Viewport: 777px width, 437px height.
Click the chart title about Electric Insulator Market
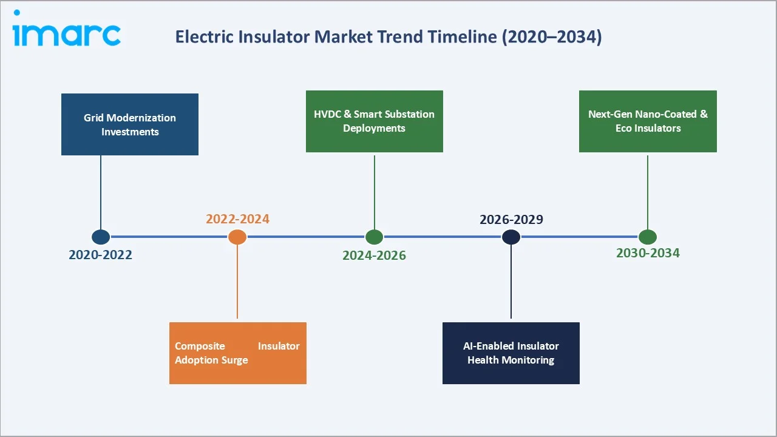pyautogui.click(x=388, y=37)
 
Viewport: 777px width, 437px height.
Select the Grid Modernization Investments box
pyautogui.click(x=130, y=124)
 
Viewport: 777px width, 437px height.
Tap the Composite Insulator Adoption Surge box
pyautogui.click(x=237, y=353)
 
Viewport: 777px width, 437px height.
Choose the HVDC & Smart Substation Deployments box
pyautogui.click(x=374, y=121)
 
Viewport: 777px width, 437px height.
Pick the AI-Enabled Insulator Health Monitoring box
pyautogui.click(x=511, y=353)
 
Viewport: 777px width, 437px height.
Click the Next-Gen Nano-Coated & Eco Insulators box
pyautogui.click(x=648, y=121)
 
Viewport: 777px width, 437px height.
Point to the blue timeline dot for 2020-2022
pyautogui.click(x=101, y=237)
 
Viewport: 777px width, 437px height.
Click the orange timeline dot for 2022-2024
pyautogui.click(x=237, y=237)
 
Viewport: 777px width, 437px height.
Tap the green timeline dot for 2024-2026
pyautogui.click(x=374, y=237)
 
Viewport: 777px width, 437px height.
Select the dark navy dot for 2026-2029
pyautogui.click(x=511, y=237)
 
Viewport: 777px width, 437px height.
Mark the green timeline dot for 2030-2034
pyautogui.click(x=648, y=237)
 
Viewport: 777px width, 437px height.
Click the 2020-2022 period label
pyautogui.click(x=100, y=255)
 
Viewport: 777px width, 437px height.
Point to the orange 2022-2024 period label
pyautogui.click(x=237, y=219)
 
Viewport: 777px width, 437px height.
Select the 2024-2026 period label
pyautogui.click(x=374, y=256)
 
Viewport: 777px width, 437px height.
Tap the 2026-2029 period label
pyautogui.click(x=511, y=219)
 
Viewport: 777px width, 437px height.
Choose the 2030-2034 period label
pyautogui.click(x=648, y=253)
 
